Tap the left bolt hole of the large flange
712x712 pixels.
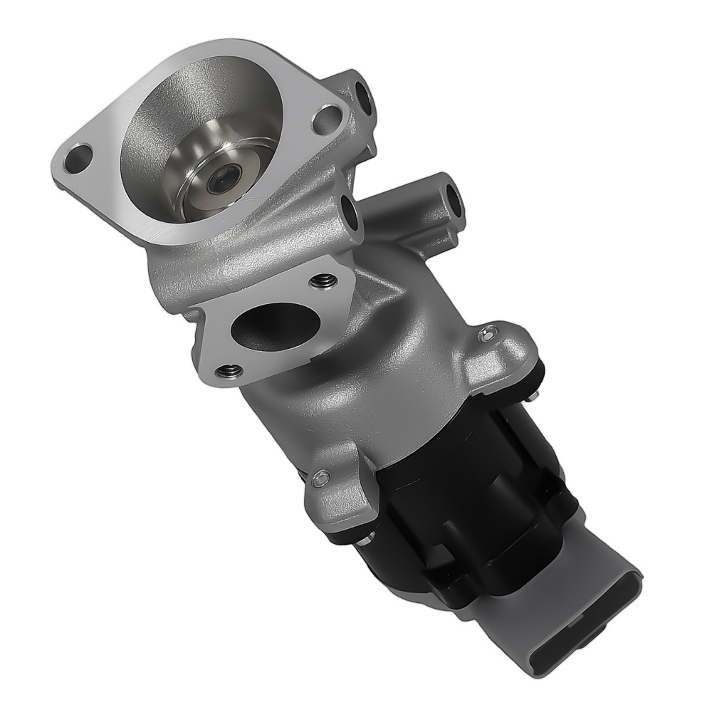click(x=78, y=157)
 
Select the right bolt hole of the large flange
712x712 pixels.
click(x=327, y=119)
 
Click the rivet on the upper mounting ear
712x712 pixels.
click(x=490, y=333)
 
